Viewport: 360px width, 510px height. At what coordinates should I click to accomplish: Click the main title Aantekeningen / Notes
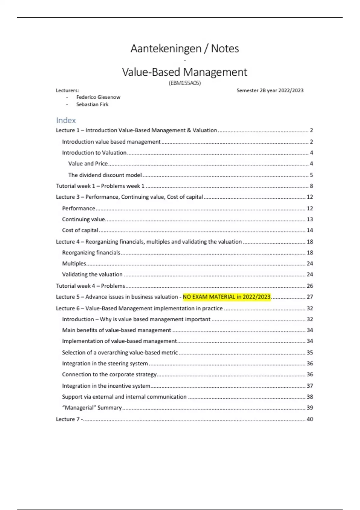coord(184,49)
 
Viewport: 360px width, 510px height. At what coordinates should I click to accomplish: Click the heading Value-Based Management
coord(184,72)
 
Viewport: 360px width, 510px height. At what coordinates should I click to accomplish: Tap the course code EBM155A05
coord(184,83)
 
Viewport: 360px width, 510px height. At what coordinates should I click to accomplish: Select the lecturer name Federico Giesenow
coord(98,97)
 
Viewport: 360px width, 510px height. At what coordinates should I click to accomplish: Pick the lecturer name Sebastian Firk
coord(92,104)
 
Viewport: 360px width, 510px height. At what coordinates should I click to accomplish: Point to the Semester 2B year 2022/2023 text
coord(270,90)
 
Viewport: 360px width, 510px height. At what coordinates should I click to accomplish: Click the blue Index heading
coord(66,120)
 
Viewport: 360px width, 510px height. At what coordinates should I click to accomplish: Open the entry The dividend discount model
coord(105,175)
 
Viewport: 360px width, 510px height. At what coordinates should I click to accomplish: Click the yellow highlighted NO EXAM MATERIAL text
coord(226,297)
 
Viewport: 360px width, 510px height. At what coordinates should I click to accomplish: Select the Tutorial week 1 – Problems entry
coord(100,186)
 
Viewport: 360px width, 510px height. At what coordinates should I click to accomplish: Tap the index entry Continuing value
coord(83,219)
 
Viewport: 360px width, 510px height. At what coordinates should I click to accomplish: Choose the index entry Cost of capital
coord(80,230)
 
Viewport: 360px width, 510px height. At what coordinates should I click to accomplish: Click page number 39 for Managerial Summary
coord(310,408)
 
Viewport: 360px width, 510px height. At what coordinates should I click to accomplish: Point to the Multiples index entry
coord(74,263)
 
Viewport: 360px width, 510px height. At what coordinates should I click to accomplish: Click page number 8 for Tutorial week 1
coord(311,186)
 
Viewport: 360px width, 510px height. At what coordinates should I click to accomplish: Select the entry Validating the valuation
coord(92,274)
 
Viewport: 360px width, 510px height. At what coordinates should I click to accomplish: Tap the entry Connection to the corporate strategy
coord(109,374)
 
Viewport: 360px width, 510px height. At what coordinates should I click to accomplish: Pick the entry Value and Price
coord(88,163)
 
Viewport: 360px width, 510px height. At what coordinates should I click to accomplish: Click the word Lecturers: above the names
coord(67,90)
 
